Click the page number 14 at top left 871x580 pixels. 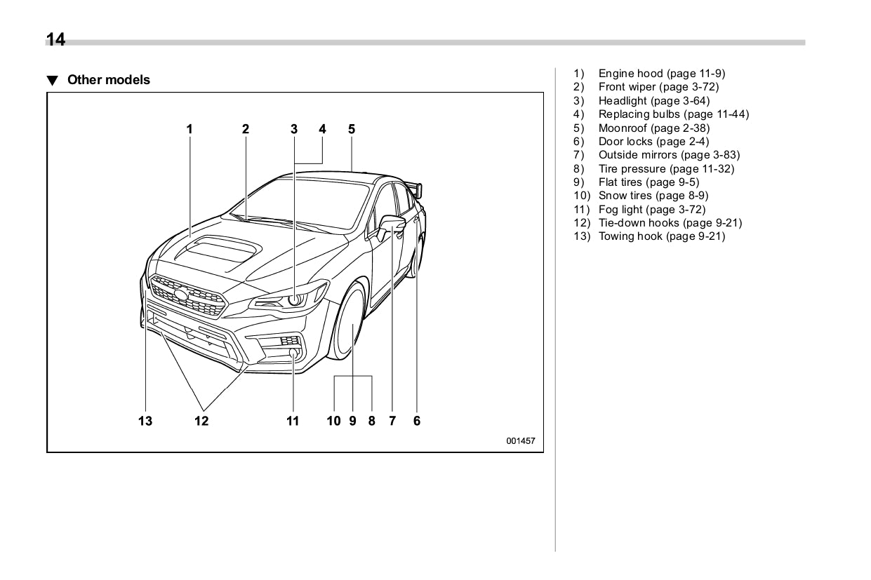56,39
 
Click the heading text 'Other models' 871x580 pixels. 108,80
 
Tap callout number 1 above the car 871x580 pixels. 190,129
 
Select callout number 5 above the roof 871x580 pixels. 352,129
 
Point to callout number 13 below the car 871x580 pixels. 145,421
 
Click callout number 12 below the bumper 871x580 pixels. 201,421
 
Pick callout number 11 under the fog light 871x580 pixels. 293,421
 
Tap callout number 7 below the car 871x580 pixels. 392,421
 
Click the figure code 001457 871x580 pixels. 520,441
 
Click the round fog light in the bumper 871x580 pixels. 294,353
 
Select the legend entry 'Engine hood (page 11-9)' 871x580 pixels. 661,74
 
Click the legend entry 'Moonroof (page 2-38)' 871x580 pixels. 653,128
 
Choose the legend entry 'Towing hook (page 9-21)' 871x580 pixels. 661,236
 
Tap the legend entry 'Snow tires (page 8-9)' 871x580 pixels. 653,196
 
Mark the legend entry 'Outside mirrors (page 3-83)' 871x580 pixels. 668,155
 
